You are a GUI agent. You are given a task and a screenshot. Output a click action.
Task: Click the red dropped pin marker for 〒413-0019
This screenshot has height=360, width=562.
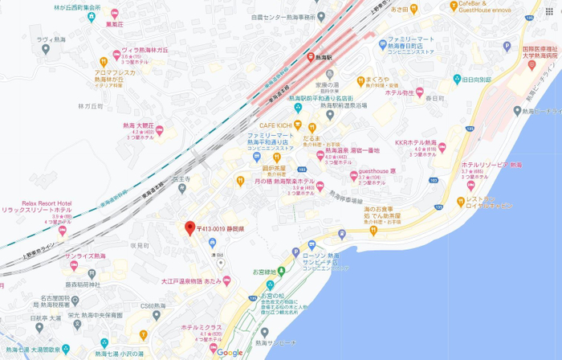(189, 227)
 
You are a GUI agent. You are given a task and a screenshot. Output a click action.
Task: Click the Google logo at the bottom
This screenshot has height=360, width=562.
(230, 352)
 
